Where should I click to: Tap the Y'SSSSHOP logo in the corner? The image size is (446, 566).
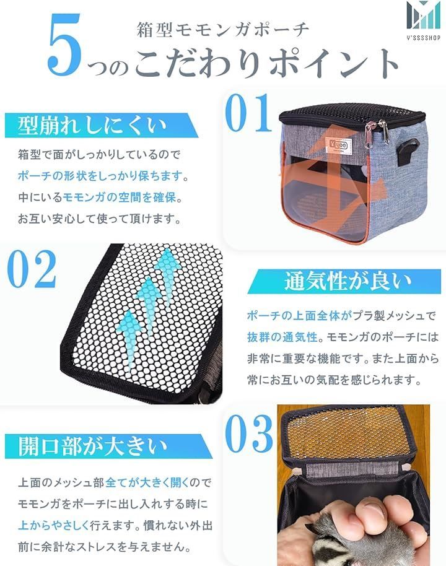pyautogui.click(x=423, y=20)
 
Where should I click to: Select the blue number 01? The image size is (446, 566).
pyautogui.click(x=248, y=113)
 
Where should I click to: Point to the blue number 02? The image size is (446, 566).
pyautogui.click(x=32, y=269)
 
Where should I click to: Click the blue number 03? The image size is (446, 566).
pyautogui.click(x=249, y=433)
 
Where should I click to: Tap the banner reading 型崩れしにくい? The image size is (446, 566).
pyautogui.click(x=101, y=125)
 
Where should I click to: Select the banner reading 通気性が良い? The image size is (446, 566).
pyautogui.click(x=344, y=282)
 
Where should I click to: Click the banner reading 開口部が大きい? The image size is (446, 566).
pyautogui.click(x=108, y=446)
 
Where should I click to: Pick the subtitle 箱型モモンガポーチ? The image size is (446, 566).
pyautogui.click(x=223, y=30)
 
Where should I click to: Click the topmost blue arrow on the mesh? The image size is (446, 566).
pyautogui.click(x=168, y=269)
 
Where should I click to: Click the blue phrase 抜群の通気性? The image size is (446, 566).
pyautogui.click(x=282, y=337)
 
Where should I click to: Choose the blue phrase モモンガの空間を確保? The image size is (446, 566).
pyautogui.click(x=120, y=197)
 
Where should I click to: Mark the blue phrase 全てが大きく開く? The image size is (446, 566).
pyautogui.click(x=147, y=482)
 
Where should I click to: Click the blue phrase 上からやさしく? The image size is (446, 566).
pyautogui.click(x=54, y=525)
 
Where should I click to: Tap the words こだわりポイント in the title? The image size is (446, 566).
pyautogui.click(x=266, y=62)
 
